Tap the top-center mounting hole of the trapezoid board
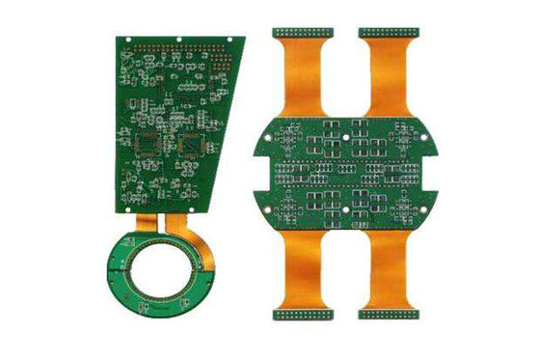[181, 38]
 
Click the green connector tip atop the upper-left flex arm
[303, 33]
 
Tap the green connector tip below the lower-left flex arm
[301, 315]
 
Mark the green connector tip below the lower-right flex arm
[387, 315]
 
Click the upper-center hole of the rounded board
[345, 138]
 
